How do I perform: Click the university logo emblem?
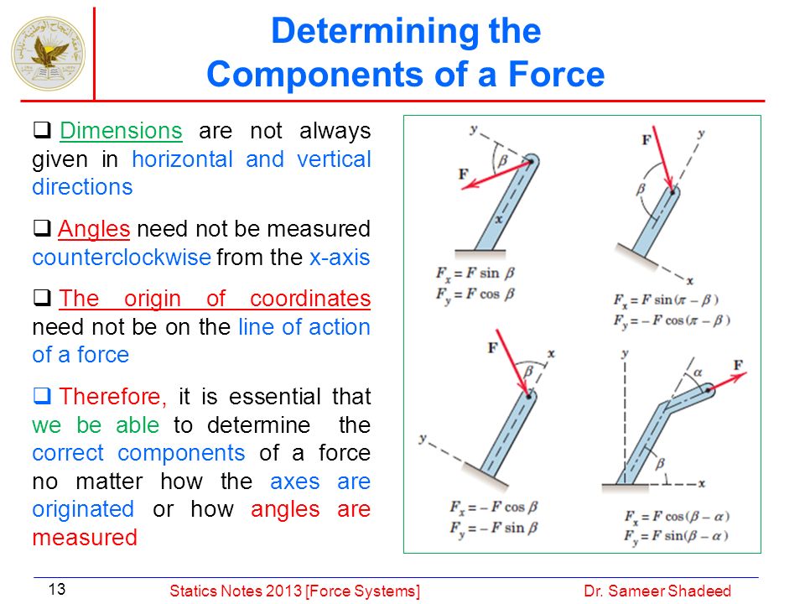49,54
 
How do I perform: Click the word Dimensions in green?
121,131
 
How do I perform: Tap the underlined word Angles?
94,229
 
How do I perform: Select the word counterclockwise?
121,257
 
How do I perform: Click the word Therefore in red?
112,397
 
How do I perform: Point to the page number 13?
57,589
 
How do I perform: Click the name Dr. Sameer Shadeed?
657,591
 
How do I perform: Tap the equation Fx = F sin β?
475,273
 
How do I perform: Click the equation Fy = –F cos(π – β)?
672,321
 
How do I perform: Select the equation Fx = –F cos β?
493,508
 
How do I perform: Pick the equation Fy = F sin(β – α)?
676,536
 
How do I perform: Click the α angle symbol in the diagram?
699,372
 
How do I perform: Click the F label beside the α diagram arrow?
738,365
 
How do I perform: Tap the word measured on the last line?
85,537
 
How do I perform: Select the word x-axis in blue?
340,257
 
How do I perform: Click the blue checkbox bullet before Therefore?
42,395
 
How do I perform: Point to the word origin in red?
153,299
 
